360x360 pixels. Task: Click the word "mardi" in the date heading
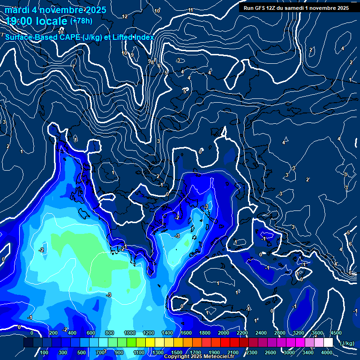pos(17,10)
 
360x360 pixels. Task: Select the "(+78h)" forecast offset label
pos(81,21)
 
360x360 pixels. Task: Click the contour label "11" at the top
pos(190,10)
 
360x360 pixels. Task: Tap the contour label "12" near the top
pos(125,16)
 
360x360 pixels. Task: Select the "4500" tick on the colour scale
pos(336,333)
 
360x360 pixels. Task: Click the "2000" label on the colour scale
pos(224,333)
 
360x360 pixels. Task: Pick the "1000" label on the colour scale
pos(130,333)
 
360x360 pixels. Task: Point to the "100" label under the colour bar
pos(45,352)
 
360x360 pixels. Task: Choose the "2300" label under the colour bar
pos(251,352)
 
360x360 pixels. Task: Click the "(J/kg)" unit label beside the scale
pos(347,343)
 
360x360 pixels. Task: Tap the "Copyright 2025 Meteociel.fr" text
pos(199,357)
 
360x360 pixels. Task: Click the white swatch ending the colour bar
pos(328,343)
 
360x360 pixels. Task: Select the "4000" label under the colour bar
pos(327,352)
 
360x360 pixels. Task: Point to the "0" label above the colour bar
pos(32,333)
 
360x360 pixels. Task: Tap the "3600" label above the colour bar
pos(317,333)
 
